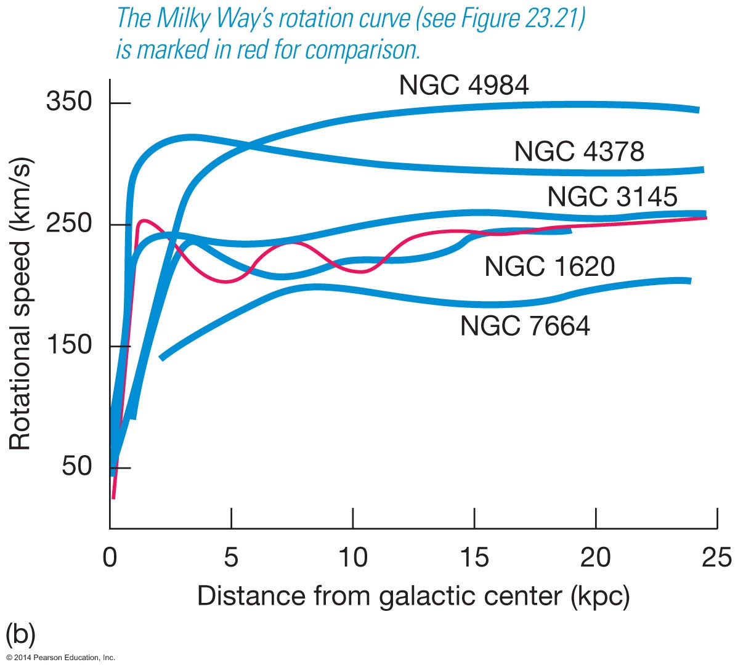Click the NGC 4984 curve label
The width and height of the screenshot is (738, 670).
tap(463, 85)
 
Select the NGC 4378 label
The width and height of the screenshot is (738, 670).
tap(579, 151)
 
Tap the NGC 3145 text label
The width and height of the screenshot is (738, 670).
tap(612, 196)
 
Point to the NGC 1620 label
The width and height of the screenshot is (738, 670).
tap(549, 267)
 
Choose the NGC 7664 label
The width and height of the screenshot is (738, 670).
tap(525, 326)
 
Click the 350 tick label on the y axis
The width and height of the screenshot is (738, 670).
tap(69, 102)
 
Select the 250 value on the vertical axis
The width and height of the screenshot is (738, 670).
tap(69, 223)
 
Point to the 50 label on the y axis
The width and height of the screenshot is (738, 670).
tap(76, 466)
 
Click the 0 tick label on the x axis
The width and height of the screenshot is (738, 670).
tap(110, 558)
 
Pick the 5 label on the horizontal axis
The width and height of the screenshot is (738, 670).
tap(231, 558)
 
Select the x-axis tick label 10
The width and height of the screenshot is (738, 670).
tap(352, 558)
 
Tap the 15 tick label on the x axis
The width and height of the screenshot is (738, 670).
tap(474, 558)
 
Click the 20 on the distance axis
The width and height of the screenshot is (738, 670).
tap(596, 558)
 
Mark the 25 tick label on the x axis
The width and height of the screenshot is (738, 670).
tap(716, 558)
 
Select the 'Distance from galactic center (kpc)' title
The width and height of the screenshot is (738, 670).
tap(413, 596)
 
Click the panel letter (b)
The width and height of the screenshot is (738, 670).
tap(20, 634)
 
